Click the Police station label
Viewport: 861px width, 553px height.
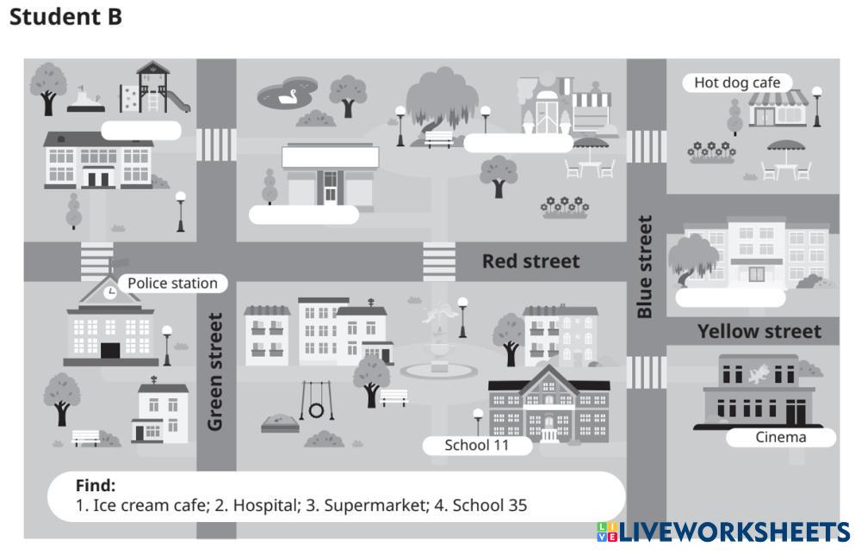(x=172, y=283)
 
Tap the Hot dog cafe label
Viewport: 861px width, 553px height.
(x=737, y=83)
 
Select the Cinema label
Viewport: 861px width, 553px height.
(x=780, y=437)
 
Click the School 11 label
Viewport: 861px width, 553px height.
(x=476, y=445)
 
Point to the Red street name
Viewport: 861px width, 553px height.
(x=530, y=261)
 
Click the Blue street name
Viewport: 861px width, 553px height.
(x=645, y=267)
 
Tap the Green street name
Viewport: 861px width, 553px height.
(x=215, y=372)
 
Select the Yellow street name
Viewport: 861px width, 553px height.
(x=759, y=331)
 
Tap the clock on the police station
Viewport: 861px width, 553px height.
(x=110, y=292)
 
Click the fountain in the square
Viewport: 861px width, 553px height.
(x=439, y=344)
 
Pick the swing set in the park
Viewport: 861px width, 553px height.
(x=316, y=401)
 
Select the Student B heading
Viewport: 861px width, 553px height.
(x=65, y=16)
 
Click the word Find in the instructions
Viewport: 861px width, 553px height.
(x=95, y=485)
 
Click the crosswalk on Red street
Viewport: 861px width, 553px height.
(x=439, y=261)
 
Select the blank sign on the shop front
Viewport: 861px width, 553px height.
(x=331, y=157)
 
